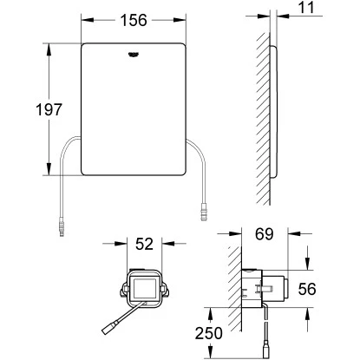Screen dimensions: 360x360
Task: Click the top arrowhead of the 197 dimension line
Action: [46, 38]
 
